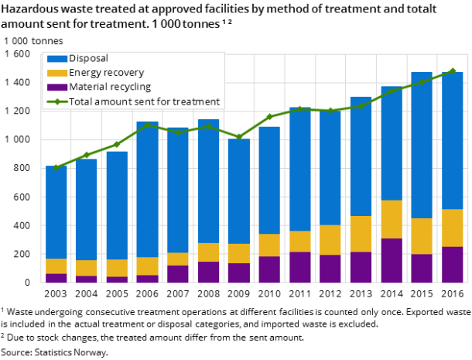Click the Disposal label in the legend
pyautogui.click(x=88, y=59)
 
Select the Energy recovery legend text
pyautogui.click(x=106, y=73)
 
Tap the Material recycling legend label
pyautogui.click(x=110, y=87)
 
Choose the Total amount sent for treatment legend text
pyautogui.click(x=144, y=101)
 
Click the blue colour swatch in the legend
pyautogui.click(x=56, y=59)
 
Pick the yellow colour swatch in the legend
pyautogui.click(x=56, y=73)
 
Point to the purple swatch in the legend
pyautogui.click(x=56, y=87)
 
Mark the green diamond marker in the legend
pyautogui.click(x=56, y=101)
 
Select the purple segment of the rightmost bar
pyautogui.click(x=452, y=265)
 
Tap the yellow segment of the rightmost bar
pyautogui.click(x=452, y=228)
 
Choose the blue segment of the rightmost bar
pyautogui.click(x=452, y=140)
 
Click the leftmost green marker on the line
pyautogui.click(x=56, y=167)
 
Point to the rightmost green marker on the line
pyautogui.click(x=452, y=71)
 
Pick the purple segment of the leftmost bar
pyautogui.click(x=56, y=278)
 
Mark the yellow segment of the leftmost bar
pyautogui.click(x=56, y=266)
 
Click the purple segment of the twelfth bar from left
pyautogui.click(x=391, y=260)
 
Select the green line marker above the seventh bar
pyautogui.click(x=239, y=137)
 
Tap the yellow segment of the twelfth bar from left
pyautogui.click(x=391, y=219)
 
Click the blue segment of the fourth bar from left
pyautogui.click(x=147, y=189)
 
